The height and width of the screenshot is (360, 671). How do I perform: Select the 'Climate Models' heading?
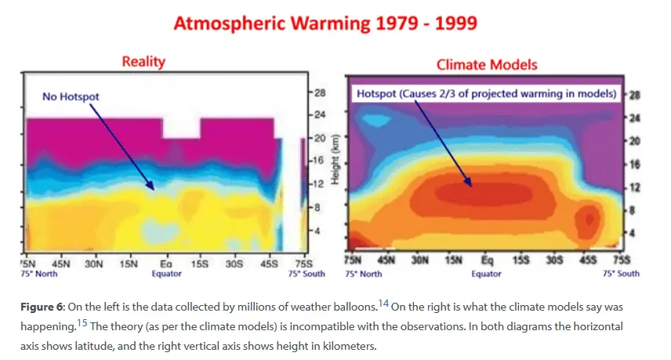(487, 64)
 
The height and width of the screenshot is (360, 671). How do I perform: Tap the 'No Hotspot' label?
(71, 96)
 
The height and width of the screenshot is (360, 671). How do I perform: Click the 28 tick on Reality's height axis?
(319, 93)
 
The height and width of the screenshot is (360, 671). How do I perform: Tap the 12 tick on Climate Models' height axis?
(633, 187)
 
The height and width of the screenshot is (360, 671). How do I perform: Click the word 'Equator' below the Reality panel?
(166, 275)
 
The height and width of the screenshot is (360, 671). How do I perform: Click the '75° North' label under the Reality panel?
(41, 275)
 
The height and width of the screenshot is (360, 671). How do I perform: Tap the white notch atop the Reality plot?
(182, 127)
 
